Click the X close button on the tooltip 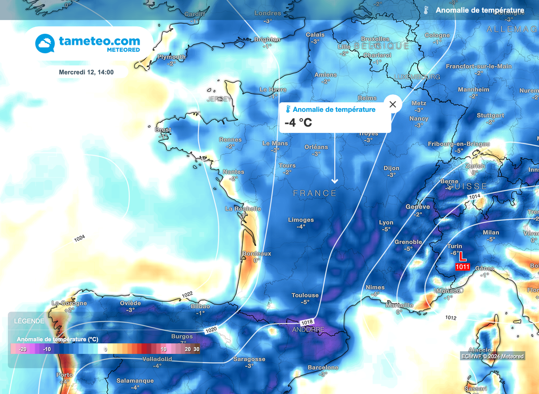point(393,104)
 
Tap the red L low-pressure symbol point(463,257)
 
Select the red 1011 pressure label point(463,267)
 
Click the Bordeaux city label point(257,254)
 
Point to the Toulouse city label point(305,295)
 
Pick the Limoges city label point(301,220)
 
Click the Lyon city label point(386,223)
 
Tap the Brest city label point(163,130)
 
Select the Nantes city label point(233,172)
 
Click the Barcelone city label point(323,367)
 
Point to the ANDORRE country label point(308,330)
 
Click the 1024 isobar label point(79,238)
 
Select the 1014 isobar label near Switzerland point(475,197)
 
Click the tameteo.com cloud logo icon point(45,43)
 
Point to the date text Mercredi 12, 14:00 point(86,72)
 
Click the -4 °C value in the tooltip point(298,122)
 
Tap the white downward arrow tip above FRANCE point(334,182)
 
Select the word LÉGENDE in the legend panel point(29,321)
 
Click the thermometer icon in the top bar point(426,10)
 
